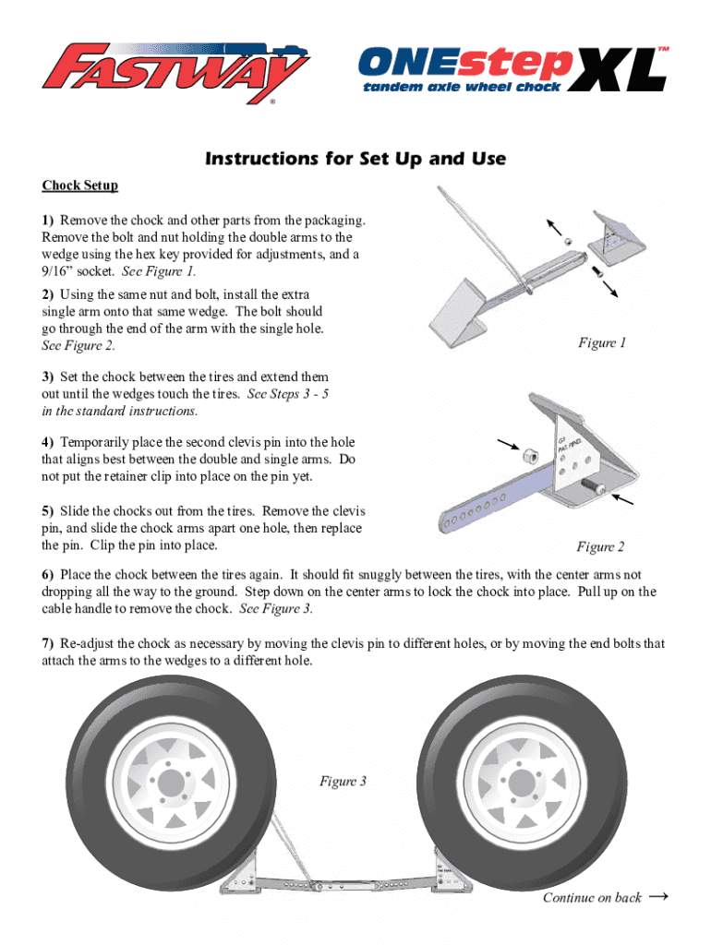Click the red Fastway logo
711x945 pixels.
point(175,72)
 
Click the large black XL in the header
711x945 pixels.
point(617,69)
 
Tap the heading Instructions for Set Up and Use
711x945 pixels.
point(355,159)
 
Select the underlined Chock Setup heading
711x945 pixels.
point(79,185)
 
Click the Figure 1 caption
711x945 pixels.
point(602,342)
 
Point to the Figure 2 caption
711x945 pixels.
point(600,546)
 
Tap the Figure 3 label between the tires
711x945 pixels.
point(343,781)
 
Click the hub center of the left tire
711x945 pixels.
point(171,784)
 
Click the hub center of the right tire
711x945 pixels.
point(521,784)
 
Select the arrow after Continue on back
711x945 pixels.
point(658,896)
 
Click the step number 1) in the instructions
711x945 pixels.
point(48,221)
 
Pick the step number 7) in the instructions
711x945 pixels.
point(48,643)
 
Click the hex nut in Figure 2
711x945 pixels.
point(530,455)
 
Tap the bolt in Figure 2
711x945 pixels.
point(594,486)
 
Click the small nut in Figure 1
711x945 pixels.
point(568,242)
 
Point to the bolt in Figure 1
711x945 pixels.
point(597,272)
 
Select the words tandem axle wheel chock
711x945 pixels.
point(462,87)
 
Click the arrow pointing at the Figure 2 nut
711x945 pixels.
point(509,444)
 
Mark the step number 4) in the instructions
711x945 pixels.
point(48,442)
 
